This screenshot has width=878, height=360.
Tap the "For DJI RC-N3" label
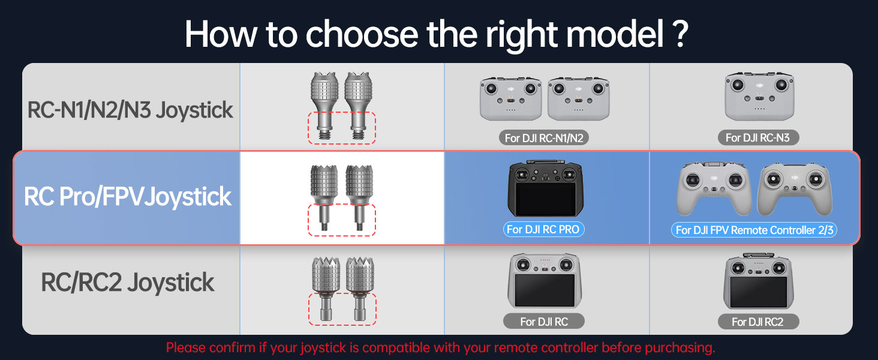[x=757, y=138]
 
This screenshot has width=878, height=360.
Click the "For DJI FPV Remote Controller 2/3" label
[x=755, y=230]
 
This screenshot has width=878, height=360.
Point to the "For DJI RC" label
[x=544, y=322]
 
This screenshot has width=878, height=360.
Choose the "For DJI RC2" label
[x=757, y=322]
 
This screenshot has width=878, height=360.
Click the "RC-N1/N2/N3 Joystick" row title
[x=130, y=110]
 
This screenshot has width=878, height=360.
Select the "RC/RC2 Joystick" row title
[x=128, y=283]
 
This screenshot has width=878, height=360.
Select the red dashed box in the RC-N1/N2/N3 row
[x=342, y=128]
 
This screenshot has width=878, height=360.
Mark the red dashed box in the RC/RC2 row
[x=342, y=308]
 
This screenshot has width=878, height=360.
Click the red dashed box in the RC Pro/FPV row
[x=342, y=220]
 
